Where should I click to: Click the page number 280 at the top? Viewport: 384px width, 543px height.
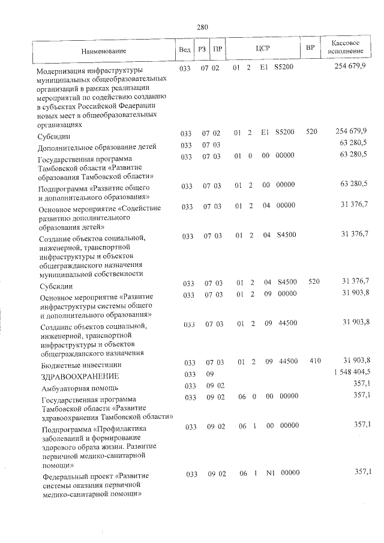point(202,26)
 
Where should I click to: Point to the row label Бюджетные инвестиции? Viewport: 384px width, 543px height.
point(79,364)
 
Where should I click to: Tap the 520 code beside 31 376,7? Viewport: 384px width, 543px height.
point(311,281)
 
